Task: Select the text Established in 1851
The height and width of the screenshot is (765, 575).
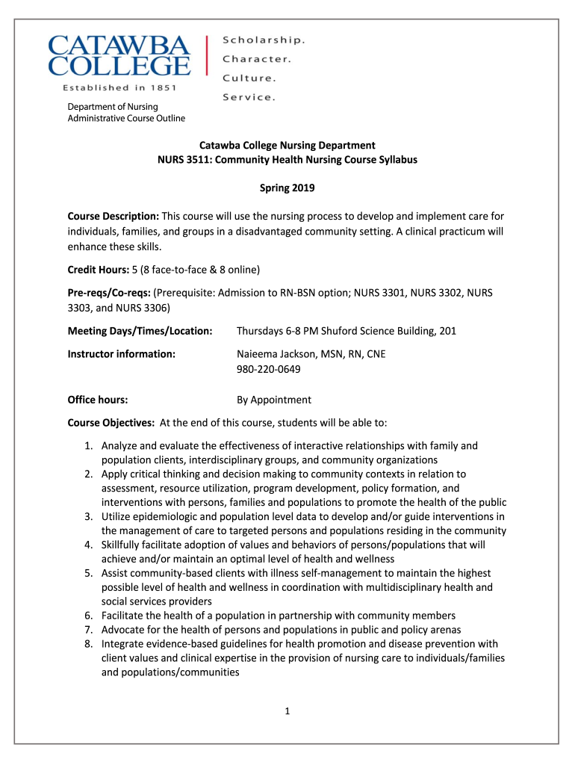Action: click(119, 87)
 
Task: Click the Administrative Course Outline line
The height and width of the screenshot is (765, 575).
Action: click(126, 118)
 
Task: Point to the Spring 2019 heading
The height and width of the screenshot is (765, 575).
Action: click(287, 188)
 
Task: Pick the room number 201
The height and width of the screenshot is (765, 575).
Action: click(447, 331)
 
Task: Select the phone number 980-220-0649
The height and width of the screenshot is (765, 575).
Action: click(270, 369)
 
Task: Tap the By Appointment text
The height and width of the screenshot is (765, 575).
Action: click(274, 400)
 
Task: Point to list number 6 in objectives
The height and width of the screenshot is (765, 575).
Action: click(87, 616)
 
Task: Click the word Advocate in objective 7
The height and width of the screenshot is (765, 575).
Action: click(124, 630)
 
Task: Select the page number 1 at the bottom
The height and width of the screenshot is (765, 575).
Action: click(287, 710)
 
